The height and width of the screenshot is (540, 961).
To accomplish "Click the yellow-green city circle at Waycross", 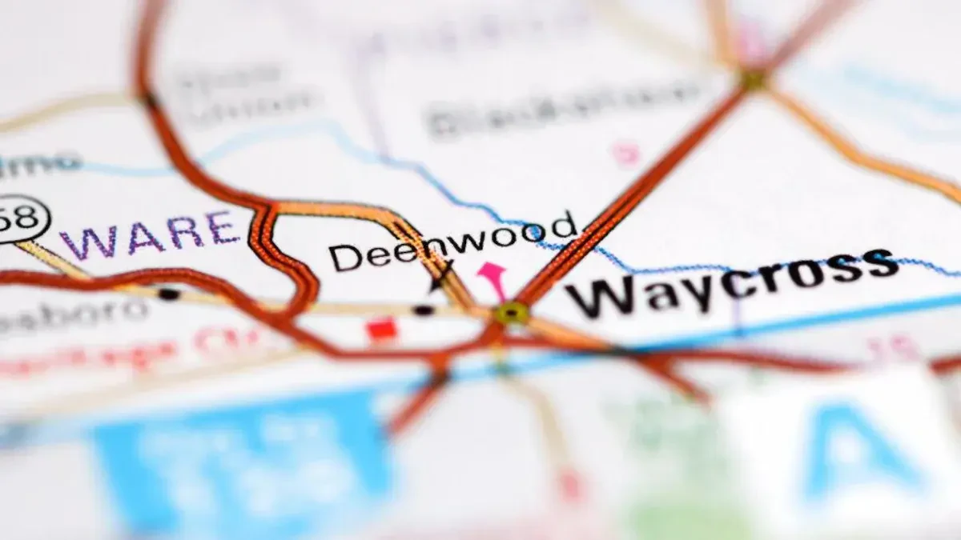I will pyautogui.click(x=511, y=313).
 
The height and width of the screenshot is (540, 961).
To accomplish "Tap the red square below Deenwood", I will pyautogui.click(x=382, y=329).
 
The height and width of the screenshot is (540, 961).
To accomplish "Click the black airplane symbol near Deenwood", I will pyautogui.click(x=440, y=277).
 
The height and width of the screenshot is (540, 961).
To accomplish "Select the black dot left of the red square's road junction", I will pyautogui.click(x=424, y=310).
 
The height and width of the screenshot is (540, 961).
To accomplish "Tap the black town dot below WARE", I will pyautogui.click(x=168, y=294).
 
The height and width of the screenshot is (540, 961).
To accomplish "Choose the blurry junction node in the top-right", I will pyautogui.click(x=753, y=79).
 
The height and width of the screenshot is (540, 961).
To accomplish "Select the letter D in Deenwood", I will pyautogui.click(x=343, y=258).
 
